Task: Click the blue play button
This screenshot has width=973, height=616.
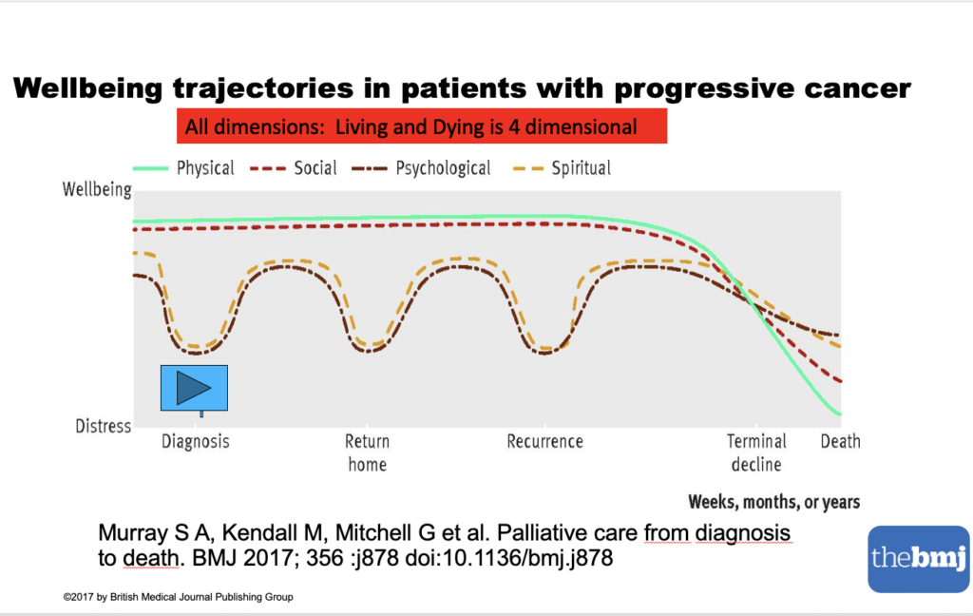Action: click(x=194, y=388)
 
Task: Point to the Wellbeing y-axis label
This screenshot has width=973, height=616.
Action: click(x=97, y=189)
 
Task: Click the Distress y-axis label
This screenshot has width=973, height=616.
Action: click(x=103, y=426)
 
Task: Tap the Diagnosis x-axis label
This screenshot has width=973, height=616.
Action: click(x=196, y=442)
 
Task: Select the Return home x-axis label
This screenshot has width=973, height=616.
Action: click(x=367, y=453)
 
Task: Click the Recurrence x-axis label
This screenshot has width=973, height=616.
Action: click(x=544, y=442)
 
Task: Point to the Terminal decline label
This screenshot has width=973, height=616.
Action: click(x=756, y=453)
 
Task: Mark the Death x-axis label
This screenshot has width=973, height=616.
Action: click(x=840, y=442)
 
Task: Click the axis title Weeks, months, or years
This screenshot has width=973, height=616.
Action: click(x=773, y=501)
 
